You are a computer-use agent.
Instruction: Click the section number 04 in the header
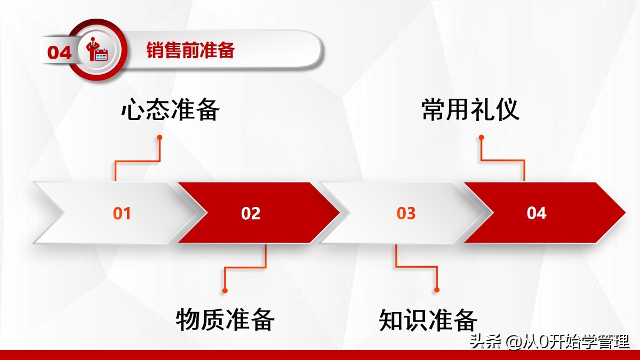59,52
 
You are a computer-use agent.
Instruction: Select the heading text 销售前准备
190,51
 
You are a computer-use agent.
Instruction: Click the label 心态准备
170,110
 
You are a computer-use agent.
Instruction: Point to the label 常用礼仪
470,110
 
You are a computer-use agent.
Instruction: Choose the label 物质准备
225,319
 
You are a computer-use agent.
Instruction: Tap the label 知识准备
428,319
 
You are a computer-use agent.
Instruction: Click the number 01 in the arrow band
122,213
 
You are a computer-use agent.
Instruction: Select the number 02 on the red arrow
251,213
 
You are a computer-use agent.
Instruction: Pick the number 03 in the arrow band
406,213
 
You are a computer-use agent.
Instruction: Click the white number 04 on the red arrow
537,213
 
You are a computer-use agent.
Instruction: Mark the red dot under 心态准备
159,137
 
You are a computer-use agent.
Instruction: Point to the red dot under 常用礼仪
481,137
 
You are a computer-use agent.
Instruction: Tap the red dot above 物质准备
225,290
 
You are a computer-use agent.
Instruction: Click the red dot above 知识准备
437,290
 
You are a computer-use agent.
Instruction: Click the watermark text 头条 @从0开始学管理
549,341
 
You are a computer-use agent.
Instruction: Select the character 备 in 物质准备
262,319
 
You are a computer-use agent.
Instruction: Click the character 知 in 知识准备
391,319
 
